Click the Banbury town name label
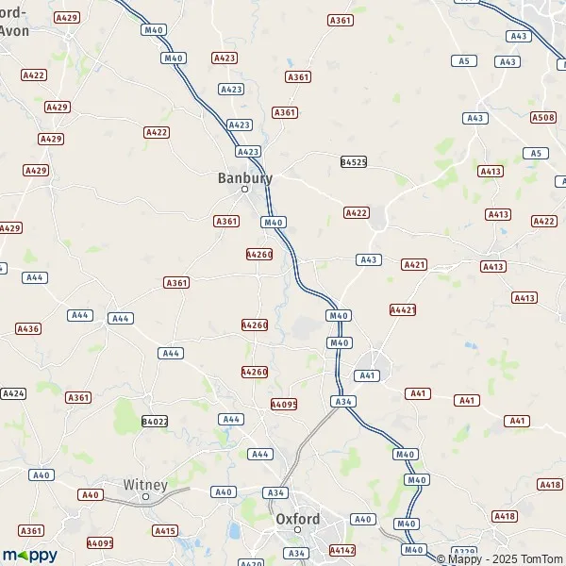click(x=244, y=176)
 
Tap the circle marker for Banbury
click(x=244, y=190)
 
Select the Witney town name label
click(x=145, y=485)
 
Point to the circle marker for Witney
click(x=145, y=496)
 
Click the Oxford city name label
click(x=297, y=519)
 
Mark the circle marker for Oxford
click(x=297, y=530)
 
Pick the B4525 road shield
click(x=353, y=162)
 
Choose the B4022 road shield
click(x=154, y=421)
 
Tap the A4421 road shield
click(x=403, y=309)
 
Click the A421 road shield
click(x=414, y=265)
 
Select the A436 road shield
click(x=28, y=328)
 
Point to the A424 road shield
click(x=13, y=392)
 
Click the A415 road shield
click(x=165, y=531)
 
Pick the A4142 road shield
click(x=341, y=548)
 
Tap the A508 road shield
click(x=542, y=117)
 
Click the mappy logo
click(x=29, y=555)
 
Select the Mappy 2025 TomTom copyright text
click(x=499, y=558)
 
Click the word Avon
click(x=13, y=30)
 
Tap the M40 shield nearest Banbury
click(x=274, y=223)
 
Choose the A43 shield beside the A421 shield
click(x=368, y=259)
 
